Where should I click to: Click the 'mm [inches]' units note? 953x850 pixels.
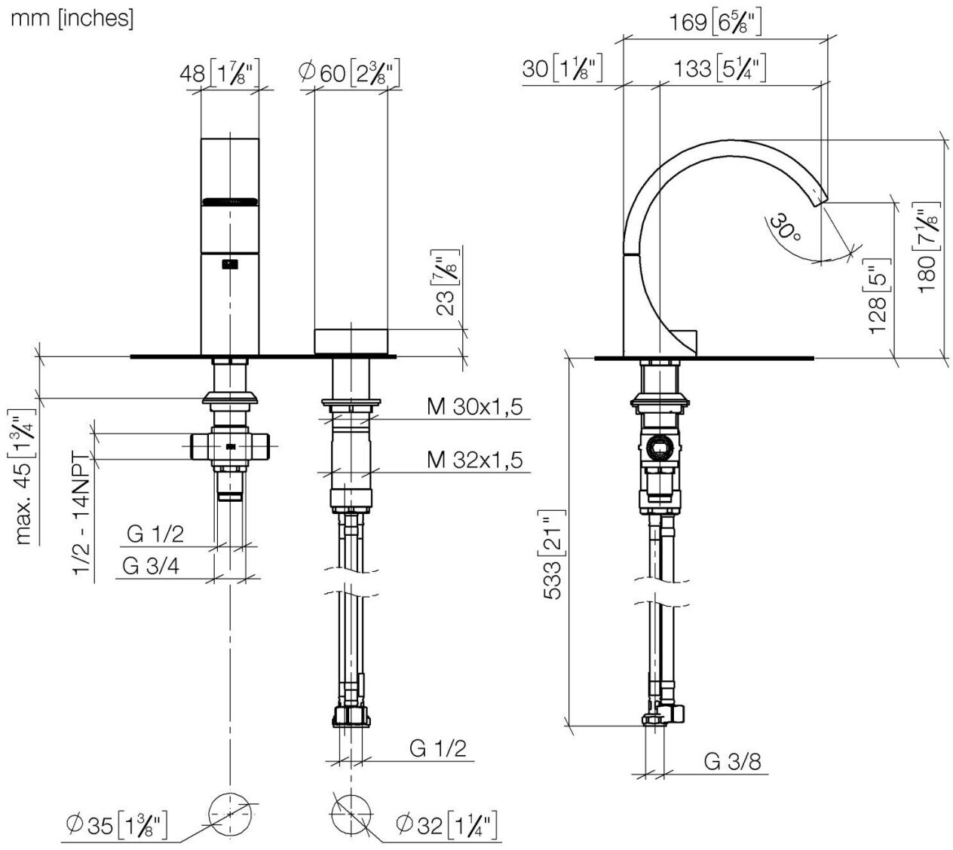point(72,19)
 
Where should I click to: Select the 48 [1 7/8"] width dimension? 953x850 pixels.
point(219,72)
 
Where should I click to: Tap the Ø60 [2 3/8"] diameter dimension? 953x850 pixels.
point(349,72)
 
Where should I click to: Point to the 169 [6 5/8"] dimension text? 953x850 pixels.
point(715,22)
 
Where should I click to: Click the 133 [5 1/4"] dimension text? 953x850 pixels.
point(720,69)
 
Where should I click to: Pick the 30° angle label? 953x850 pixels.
point(784,228)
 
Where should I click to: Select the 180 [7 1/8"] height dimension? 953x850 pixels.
point(929,248)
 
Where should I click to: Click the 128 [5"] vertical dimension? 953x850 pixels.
point(878,297)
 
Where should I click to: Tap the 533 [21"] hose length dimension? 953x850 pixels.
point(553,555)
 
